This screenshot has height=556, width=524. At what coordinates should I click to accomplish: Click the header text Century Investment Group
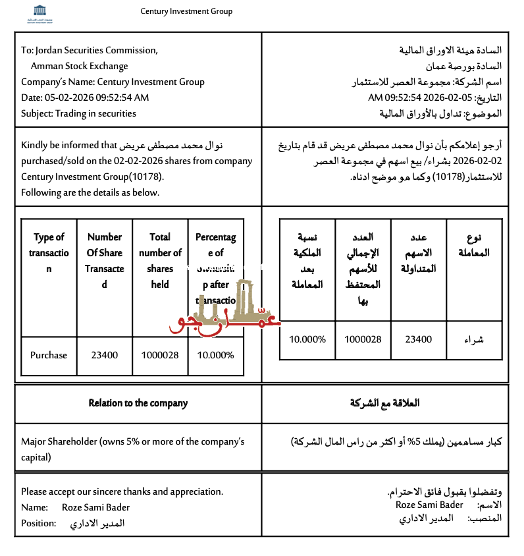[x=186, y=11]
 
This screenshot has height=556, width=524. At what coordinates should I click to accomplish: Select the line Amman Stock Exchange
[x=79, y=66]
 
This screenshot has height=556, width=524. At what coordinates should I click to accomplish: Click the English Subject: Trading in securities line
[x=78, y=113]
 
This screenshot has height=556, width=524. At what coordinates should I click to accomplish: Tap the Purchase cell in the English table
[x=49, y=355]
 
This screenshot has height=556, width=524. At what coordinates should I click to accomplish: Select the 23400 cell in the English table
[x=104, y=355]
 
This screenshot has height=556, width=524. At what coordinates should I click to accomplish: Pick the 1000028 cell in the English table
[x=160, y=355]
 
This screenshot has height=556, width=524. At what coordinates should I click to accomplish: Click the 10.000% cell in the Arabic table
[x=308, y=339]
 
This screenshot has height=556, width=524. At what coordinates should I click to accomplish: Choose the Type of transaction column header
[x=49, y=253]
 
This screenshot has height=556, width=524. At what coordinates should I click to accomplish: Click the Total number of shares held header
[x=160, y=261]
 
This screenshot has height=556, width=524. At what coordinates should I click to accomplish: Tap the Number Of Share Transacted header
[x=104, y=261]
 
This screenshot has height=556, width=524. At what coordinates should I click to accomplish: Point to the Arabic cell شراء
[x=474, y=339]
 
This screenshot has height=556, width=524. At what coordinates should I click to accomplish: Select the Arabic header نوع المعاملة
[x=474, y=245]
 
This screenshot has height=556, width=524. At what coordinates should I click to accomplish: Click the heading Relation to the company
[x=138, y=403]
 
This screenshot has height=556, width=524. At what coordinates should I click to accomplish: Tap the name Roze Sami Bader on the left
[x=95, y=507]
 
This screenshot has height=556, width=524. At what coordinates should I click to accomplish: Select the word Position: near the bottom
[x=38, y=523]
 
